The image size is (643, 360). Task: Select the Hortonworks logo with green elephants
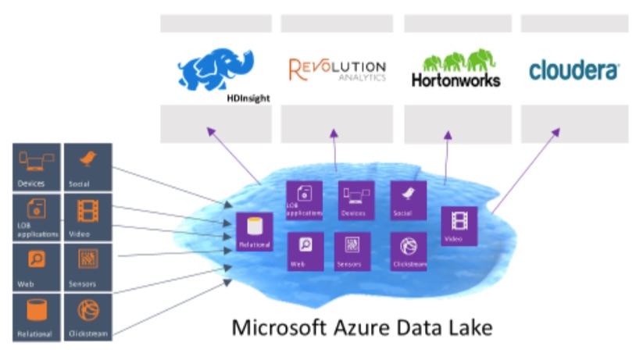pyautogui.click(x=455, y=70)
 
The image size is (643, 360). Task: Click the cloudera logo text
pyautogui.click(x=573, y=70)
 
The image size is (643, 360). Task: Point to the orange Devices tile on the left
pyautogui.click(x=37, y=166)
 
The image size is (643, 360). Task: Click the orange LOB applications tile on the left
pyautogui.click(x=37, y=216)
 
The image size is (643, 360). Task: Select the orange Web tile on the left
pyautogui.click(x=37, y=266)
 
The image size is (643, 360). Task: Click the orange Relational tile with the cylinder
pyautogui.click(x=37, y=316)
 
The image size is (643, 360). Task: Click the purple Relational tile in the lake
pyautogui.click(x=255, y=231)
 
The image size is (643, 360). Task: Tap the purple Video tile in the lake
pyautogui.click(x=459, y=226)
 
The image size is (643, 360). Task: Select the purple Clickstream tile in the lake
pyautogui.click(x=408, y=251)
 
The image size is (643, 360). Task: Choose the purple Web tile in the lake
pyautogui.click(x=305, y=251)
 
